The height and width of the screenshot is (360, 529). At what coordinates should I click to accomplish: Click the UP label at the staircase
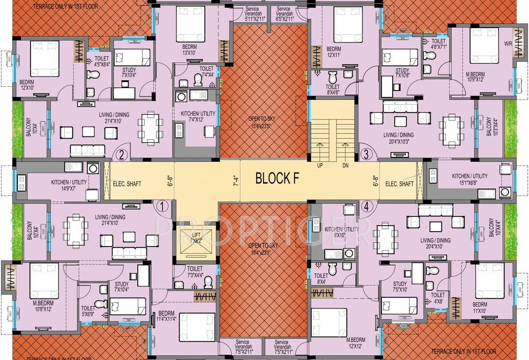point(320,165)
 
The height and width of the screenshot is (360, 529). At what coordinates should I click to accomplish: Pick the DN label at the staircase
point(346,165)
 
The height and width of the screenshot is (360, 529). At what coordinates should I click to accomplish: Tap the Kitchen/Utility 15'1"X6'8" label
point(469,179)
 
